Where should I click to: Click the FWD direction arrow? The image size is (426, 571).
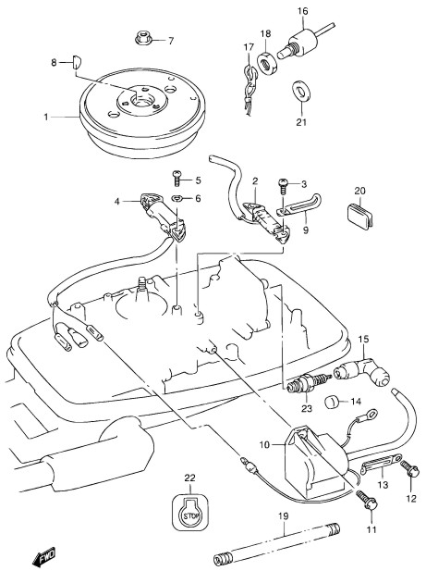coord(43,555)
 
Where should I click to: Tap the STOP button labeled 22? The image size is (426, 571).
coord(190,511)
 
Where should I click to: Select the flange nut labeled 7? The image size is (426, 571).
coord(143,38)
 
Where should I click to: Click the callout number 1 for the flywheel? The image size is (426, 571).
coord(46,118)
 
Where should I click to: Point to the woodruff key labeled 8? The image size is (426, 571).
coord(78,62)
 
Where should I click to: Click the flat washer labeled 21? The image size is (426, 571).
coord(301,90)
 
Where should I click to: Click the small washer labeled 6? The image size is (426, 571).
coord(177,198)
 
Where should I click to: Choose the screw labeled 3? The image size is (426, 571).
coord(283,185)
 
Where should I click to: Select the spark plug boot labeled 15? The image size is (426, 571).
coord(361,369)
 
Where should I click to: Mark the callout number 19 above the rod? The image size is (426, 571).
coord(284,516)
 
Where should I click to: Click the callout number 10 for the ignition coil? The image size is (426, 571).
coord(264,444)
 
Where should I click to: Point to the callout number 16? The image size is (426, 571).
coord(302,11)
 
